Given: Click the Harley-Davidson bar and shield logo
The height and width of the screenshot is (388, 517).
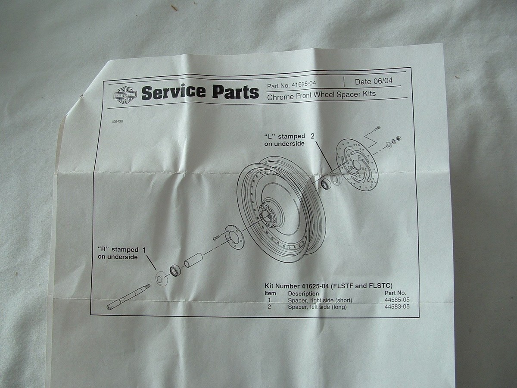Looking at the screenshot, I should point(125,94).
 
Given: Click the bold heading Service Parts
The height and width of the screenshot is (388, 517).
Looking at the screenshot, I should point(200,92).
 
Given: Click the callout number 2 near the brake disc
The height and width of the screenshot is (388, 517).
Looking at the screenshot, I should point(313,136).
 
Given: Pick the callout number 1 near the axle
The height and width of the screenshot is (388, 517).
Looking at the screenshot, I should point(144,250).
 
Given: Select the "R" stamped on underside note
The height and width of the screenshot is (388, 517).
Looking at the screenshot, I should point(118,253).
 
